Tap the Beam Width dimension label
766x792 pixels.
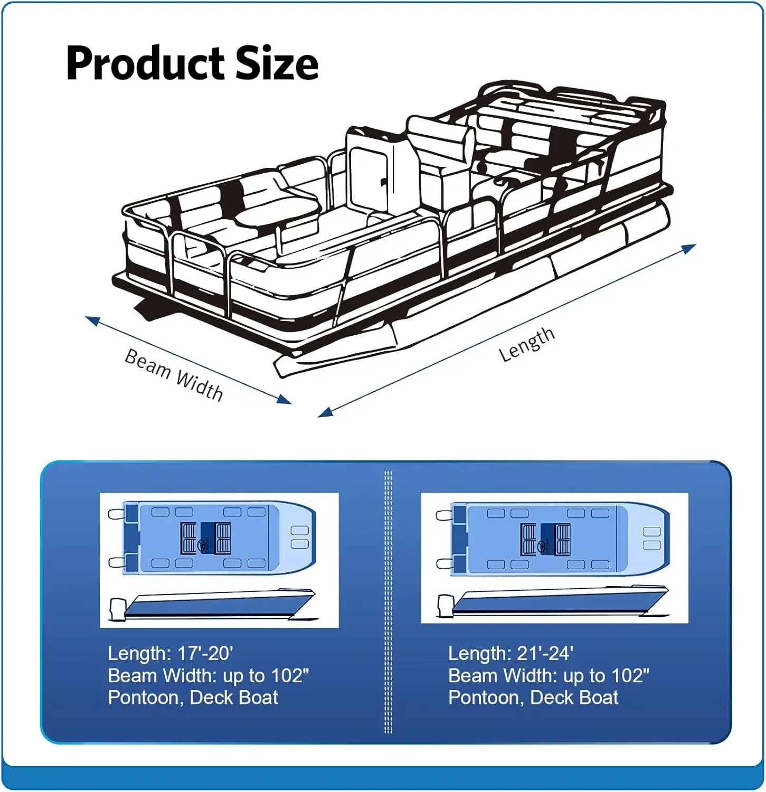coord(173,375)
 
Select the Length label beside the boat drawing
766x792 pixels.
coord(526,344)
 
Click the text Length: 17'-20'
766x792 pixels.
coord(170,654)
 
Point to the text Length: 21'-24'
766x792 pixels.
coord(510,654)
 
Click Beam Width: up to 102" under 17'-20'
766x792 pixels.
coord(208,676)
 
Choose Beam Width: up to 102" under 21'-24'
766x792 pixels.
coord(549,676)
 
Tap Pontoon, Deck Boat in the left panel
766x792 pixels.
coord(193,698)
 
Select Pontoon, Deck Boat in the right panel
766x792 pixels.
coord(533,698)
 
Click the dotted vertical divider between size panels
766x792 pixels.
coord(388,602)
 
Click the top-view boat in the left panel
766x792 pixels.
coord(219,538)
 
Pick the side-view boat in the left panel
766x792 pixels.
coord(216,605)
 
